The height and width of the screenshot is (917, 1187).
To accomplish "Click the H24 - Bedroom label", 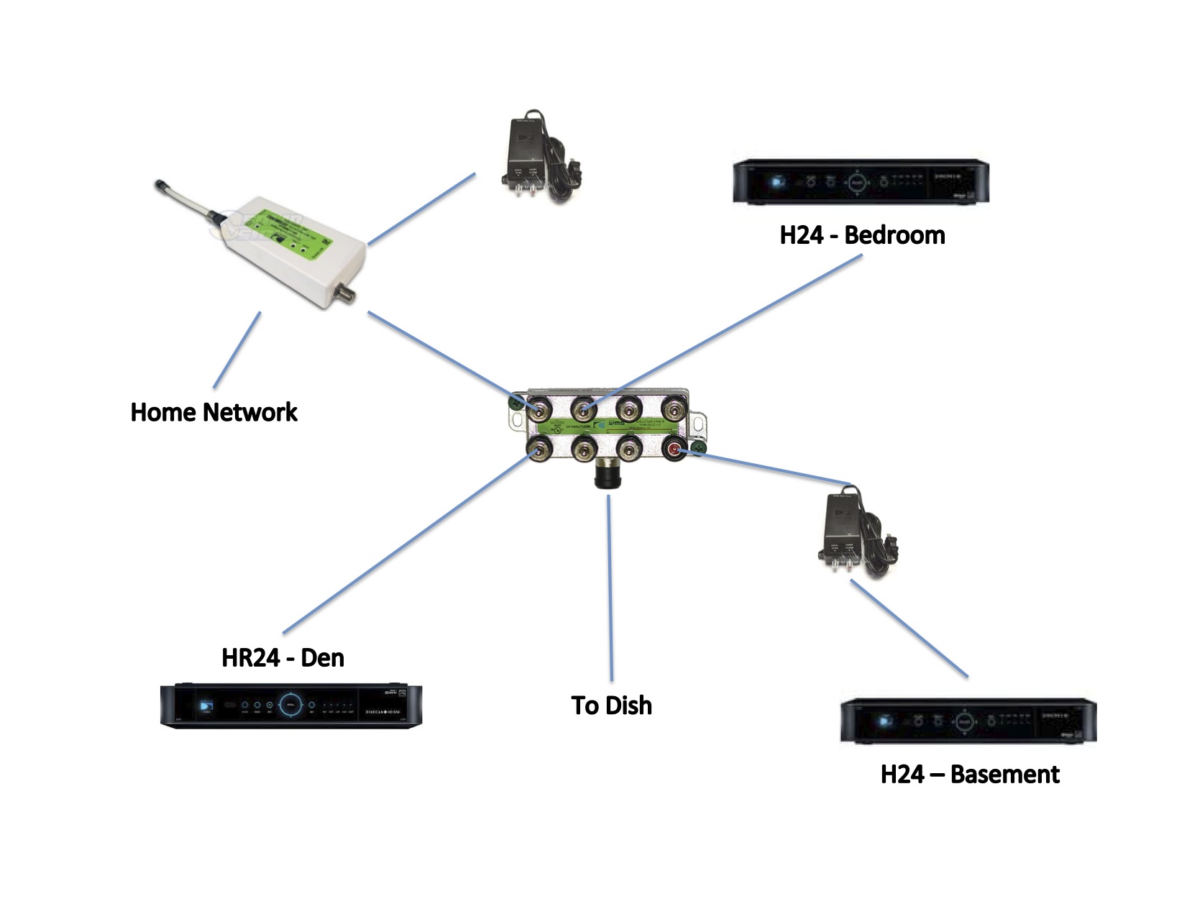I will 861,235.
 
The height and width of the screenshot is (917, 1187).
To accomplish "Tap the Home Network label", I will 214,412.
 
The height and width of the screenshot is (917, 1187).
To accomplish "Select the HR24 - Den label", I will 283,657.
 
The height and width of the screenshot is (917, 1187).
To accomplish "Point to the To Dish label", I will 611,705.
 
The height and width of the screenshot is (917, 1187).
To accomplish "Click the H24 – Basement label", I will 969,774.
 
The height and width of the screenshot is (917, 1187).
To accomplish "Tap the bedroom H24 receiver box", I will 861,182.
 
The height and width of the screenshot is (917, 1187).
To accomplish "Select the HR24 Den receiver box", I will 290,706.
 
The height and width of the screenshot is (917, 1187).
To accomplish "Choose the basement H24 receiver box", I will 968,721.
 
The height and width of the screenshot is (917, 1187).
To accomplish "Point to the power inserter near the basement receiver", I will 855,534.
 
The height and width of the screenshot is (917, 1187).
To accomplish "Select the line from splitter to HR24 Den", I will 406,543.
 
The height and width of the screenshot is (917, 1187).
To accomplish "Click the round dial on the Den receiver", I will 290,705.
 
